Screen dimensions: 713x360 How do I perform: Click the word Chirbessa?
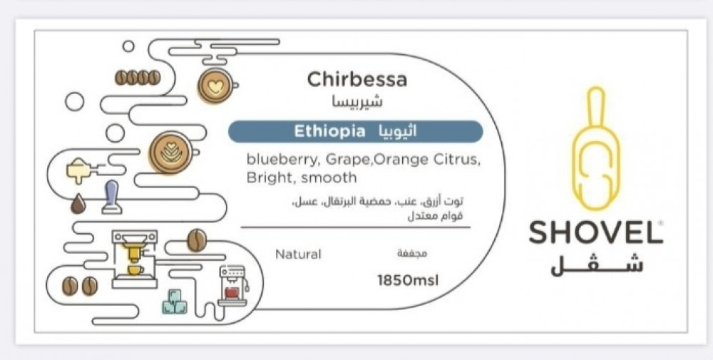coord(357,80)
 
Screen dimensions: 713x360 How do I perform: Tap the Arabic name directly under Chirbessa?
coord(358,101)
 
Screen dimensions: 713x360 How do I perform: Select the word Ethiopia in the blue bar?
coord(329,131)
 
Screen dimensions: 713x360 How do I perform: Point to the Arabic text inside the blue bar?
coord(397,131)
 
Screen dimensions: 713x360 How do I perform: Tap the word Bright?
coord(271,178)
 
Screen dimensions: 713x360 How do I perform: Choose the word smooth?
coord(329,178)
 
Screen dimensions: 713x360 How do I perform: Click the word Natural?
coord(298,254)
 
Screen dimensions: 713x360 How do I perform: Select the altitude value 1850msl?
coord(408,280)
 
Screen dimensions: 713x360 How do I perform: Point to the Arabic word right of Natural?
coord(412,254)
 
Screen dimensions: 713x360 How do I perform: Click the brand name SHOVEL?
coord(595,232)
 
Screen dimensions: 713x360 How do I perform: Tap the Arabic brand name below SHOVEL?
coord(597,264)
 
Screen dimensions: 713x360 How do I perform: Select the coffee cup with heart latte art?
coord(217,86)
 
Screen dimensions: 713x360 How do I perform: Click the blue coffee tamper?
coord(111,197)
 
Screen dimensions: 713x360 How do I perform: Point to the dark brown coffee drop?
coord(78,204)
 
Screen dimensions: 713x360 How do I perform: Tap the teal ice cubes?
coord(175,302)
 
